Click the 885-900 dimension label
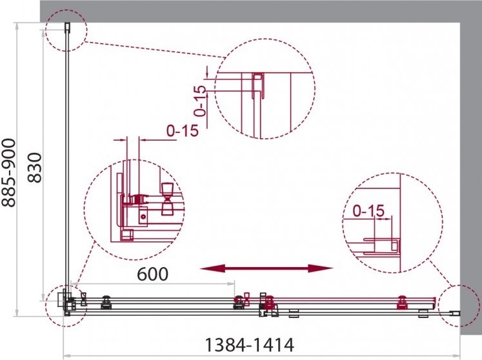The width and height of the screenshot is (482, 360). point(8,172)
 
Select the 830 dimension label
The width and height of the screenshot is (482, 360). point(34,168)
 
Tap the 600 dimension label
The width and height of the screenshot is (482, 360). point(153,274)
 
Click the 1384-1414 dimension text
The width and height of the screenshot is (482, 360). point(249,345)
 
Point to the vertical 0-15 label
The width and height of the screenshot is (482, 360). point(201,101)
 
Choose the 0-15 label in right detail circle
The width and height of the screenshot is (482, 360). point(368,211)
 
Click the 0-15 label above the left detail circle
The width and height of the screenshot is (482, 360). point(183,131)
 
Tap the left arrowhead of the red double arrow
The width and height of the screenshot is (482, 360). point(212,268)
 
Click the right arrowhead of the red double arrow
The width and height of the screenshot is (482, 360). point(321,268)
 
